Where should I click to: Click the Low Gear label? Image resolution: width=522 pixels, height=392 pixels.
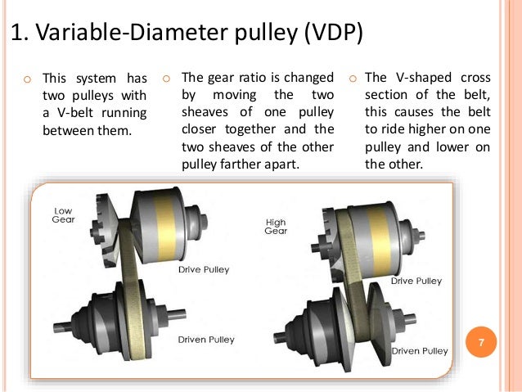[x=64, y=215]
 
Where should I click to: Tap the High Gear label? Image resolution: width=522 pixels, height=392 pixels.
[x=275, y=226]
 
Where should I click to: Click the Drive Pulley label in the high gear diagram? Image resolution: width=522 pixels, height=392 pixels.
[x=416, y=281]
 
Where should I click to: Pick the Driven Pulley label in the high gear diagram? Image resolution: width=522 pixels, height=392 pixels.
[x=419, y=351]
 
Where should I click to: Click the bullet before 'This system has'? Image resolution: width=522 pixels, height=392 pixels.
[x=27, y=79]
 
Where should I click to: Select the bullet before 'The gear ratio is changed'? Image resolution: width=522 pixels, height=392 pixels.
[x=165, y=79]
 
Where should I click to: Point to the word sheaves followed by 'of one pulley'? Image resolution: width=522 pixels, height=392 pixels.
[x=205, y=112]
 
